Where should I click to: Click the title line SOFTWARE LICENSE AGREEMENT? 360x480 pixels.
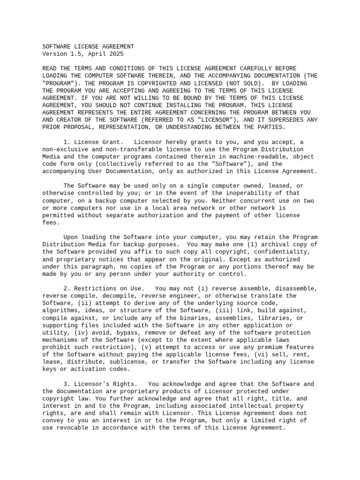click(x=88, y=47)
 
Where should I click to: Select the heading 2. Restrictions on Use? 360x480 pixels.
click(x=100, y=288)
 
